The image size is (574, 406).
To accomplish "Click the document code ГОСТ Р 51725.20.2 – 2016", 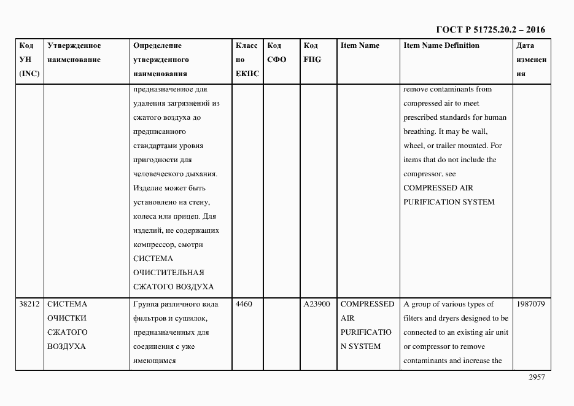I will [x=490, y=29].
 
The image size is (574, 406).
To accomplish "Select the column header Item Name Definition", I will [x=441, y=45].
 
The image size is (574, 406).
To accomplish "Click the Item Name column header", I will [x=360, y=45].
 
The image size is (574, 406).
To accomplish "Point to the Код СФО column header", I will [x=277, y=53].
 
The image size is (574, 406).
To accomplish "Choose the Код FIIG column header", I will [x=312, y=53].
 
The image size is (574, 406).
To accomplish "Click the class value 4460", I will [x=244, y=304].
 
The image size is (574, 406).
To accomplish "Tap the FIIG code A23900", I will [x=317, y=304].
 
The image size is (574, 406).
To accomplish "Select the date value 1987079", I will [x=530, y=304].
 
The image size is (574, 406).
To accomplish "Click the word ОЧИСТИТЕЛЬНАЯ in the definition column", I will [x=169, y=273].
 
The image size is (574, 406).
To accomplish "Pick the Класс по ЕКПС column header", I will [x=247, y=60].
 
